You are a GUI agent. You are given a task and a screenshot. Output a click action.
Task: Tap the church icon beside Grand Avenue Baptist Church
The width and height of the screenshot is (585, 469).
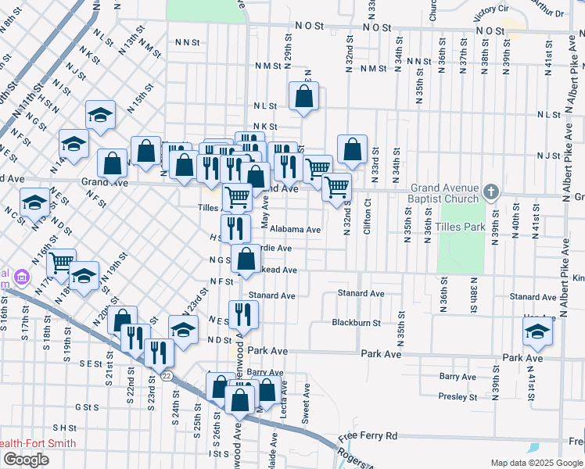pyautogui.click(x=490, y=192)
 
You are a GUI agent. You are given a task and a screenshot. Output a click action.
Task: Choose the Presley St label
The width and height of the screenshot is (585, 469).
pyautogui.click(x=453, y=396)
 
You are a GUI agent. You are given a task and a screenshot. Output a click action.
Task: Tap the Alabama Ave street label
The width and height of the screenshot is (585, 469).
pyautogui.click(x=295, y=230)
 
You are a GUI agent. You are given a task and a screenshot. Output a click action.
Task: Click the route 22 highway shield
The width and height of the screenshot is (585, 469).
pyautogui.click(x=167, y=375)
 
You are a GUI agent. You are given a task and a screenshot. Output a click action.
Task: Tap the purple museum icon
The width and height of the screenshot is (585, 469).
pyautogui.click(x=21, y=277)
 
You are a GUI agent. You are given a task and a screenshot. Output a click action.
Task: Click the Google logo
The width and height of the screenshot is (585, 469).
pyautogui.click(x=26, y=460)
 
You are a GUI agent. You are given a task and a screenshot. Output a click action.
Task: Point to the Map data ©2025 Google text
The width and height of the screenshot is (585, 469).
pyautogui.click(x=536, y=463)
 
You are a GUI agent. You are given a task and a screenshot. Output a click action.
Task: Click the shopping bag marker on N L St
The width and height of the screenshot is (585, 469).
pyautogui.click(x=304, y=97)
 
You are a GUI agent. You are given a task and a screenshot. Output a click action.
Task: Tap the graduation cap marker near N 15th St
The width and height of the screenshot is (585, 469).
pyautogui.click(x=100, y=116)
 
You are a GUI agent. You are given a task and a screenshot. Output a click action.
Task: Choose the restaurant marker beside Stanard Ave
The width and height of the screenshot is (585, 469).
pyautogui.click(x=242, y=314)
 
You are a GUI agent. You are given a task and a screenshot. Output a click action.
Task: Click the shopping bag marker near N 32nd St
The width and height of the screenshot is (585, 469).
pyautogui.click(x=353, y=149)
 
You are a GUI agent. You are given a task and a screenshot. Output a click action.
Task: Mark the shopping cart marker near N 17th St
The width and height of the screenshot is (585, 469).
pyautogui.click(x=61, y=263)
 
